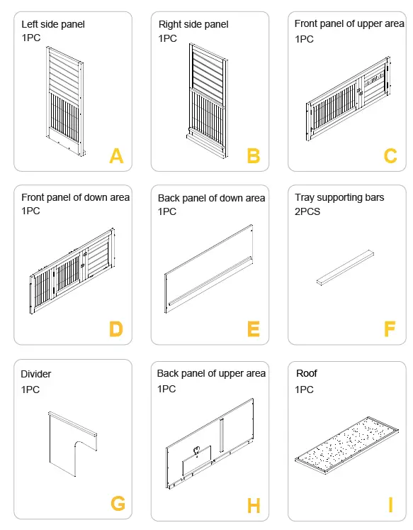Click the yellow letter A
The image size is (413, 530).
(x=116, y=155)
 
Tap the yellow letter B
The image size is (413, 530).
(x=253, y=155)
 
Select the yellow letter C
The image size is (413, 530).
(x=390, y=155)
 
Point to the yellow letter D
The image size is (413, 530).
(x=116, y=329)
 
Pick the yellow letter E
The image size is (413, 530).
(x=253, y=329)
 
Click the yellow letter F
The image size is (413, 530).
(x=390, y=329)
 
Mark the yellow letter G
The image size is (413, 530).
(x=118, y=504)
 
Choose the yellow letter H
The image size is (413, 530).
(x=253, y=505)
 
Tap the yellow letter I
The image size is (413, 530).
(x=390, y=505)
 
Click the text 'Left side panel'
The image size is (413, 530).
(x=53, y=24)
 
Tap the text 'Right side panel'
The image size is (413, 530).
(x=193, y=24)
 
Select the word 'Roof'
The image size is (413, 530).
(x=306, y=372)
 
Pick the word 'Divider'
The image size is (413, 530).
(x=36, y=374)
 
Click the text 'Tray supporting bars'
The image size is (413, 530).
(x=339, y=197)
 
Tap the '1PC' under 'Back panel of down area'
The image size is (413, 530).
(x=168, y=211)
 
